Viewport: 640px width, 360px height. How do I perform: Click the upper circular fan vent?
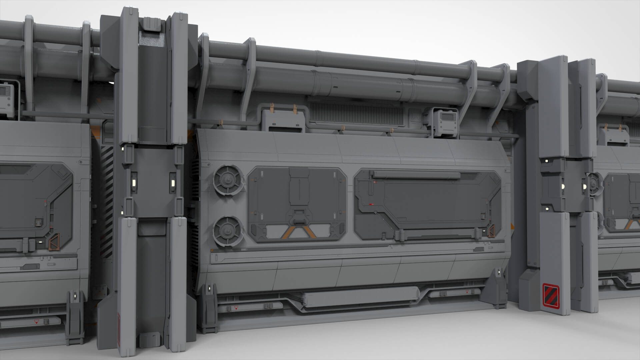coord(227,180)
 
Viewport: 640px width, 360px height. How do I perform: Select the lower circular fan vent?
coord(227,230)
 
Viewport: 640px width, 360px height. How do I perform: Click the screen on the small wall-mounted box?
coord(447,117)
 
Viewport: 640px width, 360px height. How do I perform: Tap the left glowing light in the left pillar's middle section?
coord(133,183)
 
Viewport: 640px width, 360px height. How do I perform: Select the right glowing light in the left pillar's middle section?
coord(173,183)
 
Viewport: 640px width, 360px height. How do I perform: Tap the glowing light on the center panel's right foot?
coord(499,272)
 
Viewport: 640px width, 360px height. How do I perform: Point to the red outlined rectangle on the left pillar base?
coord(119,320)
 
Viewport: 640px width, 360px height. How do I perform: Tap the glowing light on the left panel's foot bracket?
coord(74,295)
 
